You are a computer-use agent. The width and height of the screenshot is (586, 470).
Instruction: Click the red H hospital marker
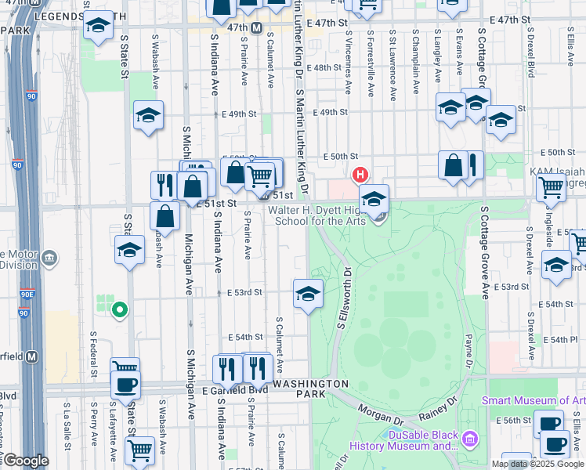coord(360,174)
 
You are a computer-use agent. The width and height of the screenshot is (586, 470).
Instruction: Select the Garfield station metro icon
coord(32,356)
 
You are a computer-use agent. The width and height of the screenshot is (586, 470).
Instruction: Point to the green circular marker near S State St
coord(119,311)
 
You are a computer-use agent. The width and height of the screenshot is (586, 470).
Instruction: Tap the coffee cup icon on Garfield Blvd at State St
coord(125,384)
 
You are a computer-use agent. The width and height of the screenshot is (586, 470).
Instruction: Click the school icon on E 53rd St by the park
coord(309,295)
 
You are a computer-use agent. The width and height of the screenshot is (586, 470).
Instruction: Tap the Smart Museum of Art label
coord(533,400)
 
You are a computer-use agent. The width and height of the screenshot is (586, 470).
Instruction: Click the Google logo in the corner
coord(25,461)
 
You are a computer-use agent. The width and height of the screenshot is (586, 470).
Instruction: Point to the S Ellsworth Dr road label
coord(342,298)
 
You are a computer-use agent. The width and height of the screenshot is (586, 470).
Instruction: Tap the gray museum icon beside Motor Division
coord(50,258)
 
